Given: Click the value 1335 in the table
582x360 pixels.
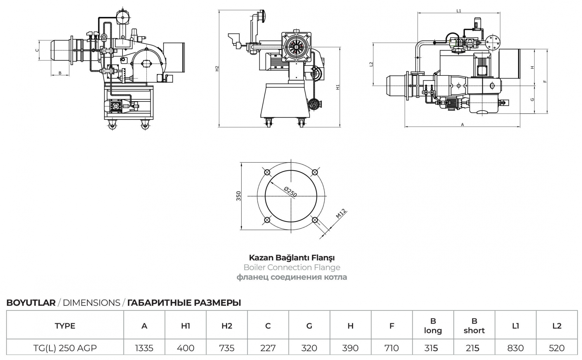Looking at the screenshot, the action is point(144,348).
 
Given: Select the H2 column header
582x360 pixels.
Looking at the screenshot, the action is point(227,326).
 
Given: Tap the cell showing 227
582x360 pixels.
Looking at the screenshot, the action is point(268,348).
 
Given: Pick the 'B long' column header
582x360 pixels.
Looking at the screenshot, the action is point(433,325).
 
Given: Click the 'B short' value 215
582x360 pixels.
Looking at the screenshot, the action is point(472,348).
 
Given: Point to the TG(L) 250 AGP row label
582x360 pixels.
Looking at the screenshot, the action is point(65,348).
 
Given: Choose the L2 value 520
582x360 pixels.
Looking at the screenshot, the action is point(557,348).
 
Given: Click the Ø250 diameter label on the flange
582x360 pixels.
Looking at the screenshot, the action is point(290,192).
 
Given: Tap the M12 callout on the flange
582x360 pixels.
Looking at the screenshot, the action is point(341,214).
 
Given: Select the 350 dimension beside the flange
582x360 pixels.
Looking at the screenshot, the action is point(239,196).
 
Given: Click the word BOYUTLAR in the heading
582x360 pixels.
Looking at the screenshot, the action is point(31,303).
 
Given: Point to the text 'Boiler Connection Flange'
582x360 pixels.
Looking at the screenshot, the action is point(292,267).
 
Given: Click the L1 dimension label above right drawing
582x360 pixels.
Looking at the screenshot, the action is point(459,11).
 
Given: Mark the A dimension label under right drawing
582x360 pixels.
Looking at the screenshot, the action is point(462,125).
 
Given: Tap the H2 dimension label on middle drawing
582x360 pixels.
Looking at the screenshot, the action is point(217,69).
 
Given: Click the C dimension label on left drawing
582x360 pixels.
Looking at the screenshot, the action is point(37,50).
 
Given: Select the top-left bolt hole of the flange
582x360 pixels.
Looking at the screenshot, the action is point(267,172).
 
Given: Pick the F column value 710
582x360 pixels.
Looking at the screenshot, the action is point(391,348).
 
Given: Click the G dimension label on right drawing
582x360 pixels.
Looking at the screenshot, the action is point(532,100).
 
